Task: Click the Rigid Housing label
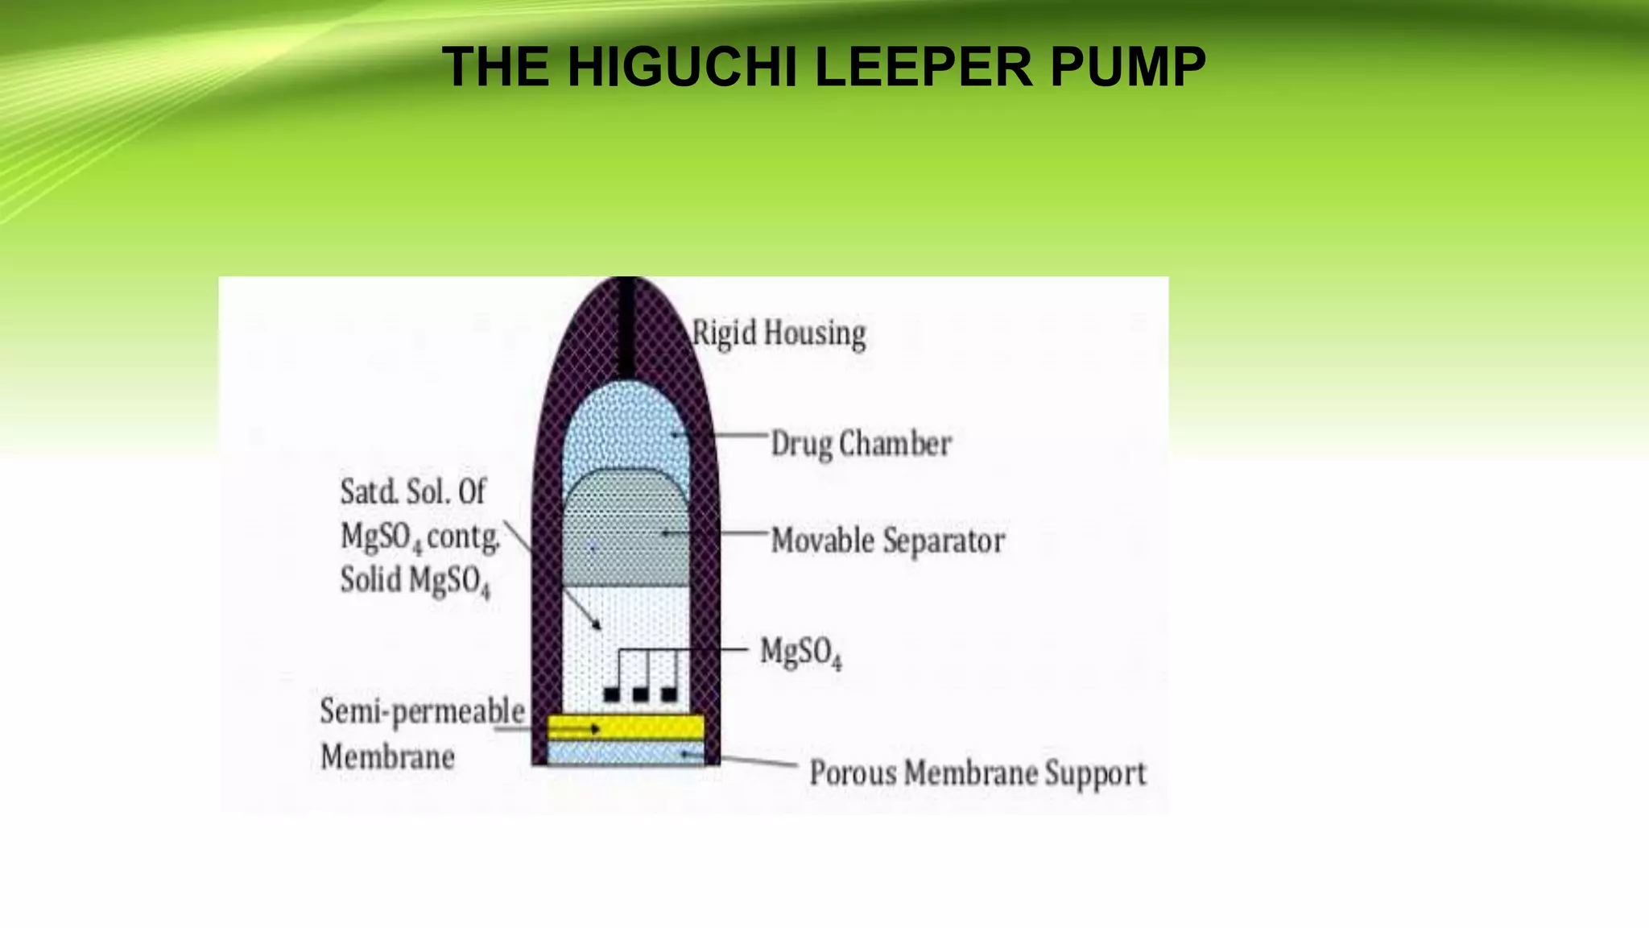pos(779,333)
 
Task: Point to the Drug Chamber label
pos(862,444)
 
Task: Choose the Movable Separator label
pos(888,540)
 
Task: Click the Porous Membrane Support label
pos(977,773)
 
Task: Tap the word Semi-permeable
pos(422,711)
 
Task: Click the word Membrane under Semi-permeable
pos(387,756)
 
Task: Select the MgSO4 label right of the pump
pos(800,652)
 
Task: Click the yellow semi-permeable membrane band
pos(626,728)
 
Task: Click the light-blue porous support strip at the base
pos(626,753)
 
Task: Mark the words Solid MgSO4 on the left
pos(415,581)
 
